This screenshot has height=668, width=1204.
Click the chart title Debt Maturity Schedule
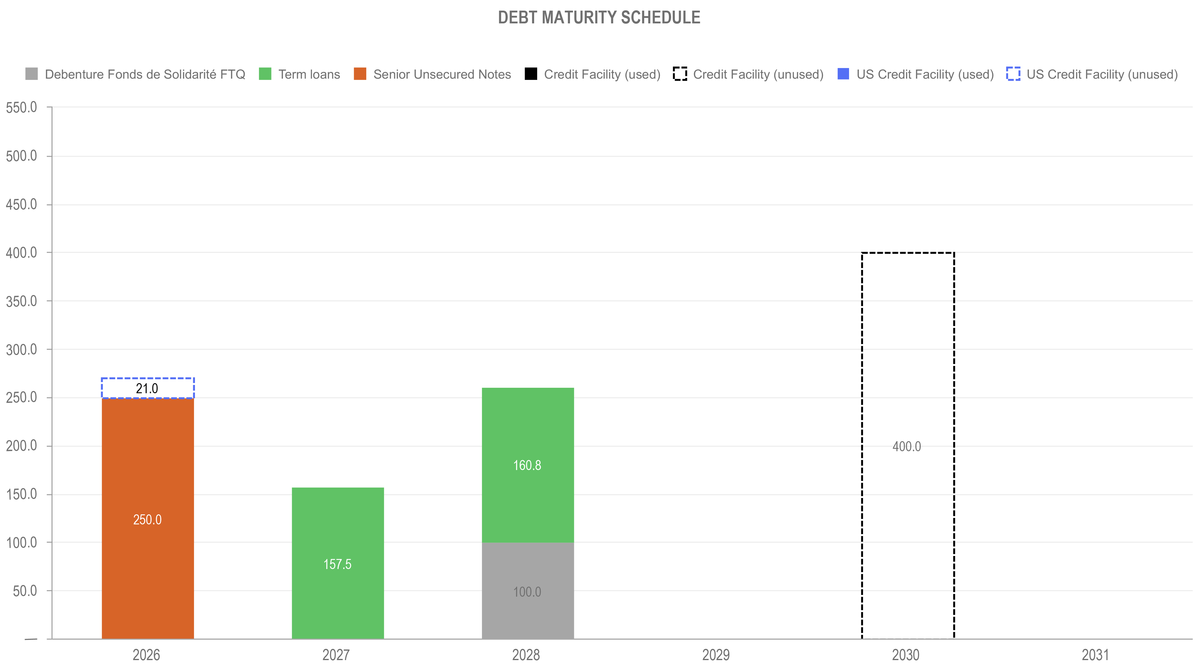[599, 18]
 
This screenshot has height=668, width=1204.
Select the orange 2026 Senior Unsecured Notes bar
[148, 468]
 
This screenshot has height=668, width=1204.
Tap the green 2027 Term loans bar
[337, 523]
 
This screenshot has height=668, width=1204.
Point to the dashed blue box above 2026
[148, 387]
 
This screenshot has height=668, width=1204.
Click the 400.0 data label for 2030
[906, 446]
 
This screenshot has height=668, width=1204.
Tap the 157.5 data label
[337, 564]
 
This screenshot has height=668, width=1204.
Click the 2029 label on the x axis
[716, 654]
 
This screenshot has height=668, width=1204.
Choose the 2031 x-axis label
[1095, 654]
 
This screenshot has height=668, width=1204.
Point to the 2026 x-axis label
[146, 654]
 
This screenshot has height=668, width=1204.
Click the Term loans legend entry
[309, 74]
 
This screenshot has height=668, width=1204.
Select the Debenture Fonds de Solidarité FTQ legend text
[145, 74]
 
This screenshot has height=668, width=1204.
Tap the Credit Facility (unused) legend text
[758, 74]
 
